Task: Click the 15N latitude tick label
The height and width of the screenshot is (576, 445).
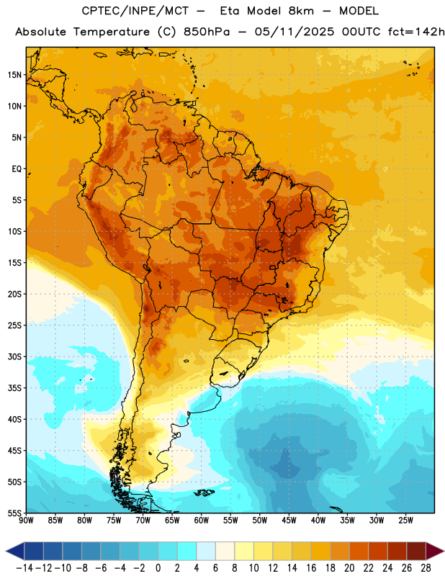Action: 14,75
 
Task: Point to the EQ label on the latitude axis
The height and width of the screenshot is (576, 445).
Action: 17,169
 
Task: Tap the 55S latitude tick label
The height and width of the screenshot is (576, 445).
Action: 14,513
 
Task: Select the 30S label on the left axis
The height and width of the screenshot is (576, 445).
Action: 14,356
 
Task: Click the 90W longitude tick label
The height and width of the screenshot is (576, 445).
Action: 26,521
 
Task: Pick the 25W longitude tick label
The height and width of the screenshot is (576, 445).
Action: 406,521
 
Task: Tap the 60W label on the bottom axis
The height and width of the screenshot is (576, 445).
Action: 202,521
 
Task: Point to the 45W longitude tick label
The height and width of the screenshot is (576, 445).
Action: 289,521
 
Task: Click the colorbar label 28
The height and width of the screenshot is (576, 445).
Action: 426,568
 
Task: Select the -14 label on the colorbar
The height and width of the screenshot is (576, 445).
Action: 24,568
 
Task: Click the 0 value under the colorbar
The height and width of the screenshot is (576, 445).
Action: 158,568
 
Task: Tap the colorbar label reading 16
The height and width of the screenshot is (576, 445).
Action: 311,568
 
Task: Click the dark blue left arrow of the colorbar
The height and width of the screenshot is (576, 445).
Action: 15,552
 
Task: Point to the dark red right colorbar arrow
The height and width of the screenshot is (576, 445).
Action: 435,552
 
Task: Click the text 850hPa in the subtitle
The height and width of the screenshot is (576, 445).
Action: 207,32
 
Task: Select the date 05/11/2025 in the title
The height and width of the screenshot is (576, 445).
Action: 295,32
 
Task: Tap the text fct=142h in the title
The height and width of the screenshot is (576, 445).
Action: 416,32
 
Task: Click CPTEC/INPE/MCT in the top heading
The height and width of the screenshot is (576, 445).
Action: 135,11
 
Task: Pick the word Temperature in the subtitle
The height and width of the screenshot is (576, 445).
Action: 112,32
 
